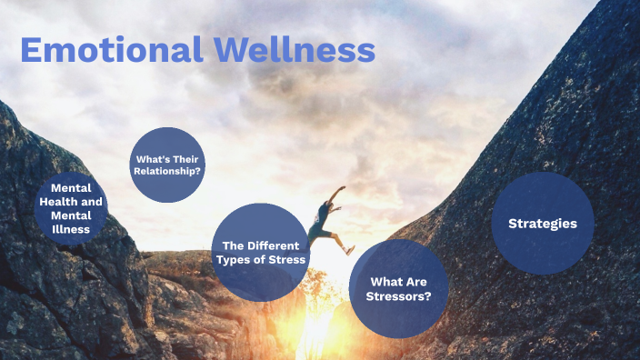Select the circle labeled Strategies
pos(543,223)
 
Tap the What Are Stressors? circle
pos(399,288)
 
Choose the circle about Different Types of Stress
pos(259,252)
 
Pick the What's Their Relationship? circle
pos(167,165)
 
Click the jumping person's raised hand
pos(342,188)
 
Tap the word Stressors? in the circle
pos(399,295)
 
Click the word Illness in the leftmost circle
pos(71,229)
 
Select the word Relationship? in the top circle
pos(169,170)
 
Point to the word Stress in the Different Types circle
pos(287,260)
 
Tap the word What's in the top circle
pos(150,158)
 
